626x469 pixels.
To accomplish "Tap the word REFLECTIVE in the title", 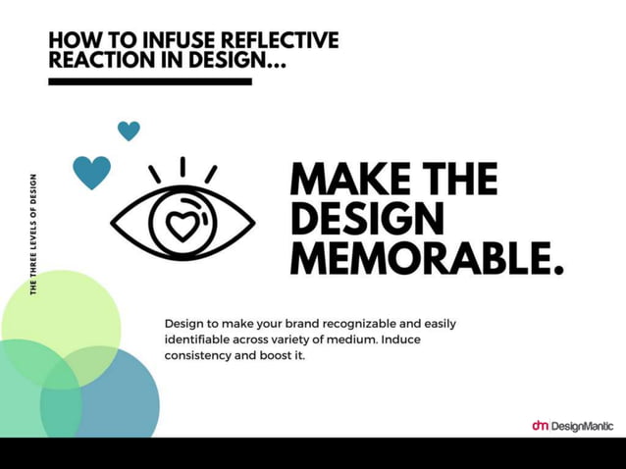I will coord(279,41).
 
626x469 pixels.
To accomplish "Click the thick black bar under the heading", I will coord(150,81).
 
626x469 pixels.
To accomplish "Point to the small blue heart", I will coord(129,130).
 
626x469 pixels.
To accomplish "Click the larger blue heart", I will coord(91,172).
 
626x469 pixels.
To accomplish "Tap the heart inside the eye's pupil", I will coord(182,226).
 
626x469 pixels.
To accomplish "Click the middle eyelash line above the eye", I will coord(182,167).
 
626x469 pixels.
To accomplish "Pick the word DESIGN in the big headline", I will coord(367,219).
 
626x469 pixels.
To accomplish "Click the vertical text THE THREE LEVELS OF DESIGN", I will coord(34,234).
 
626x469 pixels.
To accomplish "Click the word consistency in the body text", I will coord(200,354).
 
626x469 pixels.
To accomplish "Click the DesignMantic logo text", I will coord(582,426).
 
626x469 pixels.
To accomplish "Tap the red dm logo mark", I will coord(540,426).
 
